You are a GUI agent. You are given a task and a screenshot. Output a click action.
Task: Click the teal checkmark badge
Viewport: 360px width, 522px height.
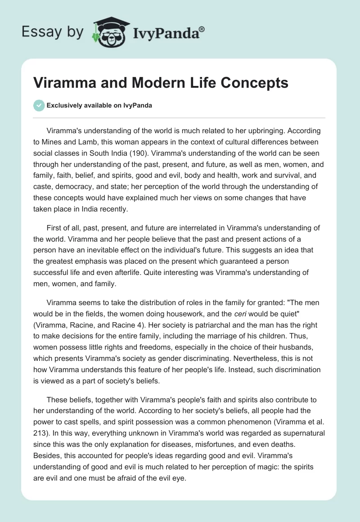(x=39, y=105)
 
